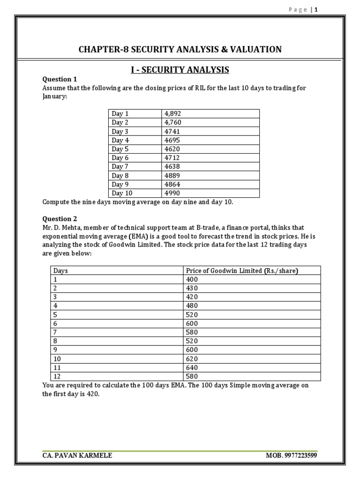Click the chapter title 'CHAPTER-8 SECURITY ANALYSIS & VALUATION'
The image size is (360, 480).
180,49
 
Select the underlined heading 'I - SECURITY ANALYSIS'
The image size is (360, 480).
180,70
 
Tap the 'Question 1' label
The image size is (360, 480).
60,79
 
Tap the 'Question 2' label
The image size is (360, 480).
60,218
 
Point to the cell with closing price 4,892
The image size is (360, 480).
172,113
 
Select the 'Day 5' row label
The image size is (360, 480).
120,149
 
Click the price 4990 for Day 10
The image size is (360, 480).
172,193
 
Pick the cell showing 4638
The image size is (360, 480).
172,166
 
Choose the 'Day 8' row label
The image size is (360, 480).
120,176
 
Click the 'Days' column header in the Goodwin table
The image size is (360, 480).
61,270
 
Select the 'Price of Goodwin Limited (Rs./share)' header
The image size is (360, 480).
242,270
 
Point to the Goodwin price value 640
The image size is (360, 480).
192,367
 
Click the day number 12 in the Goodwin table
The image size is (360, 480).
57,376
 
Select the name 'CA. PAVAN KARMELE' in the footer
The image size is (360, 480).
77,455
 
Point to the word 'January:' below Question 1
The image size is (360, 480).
55,97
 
